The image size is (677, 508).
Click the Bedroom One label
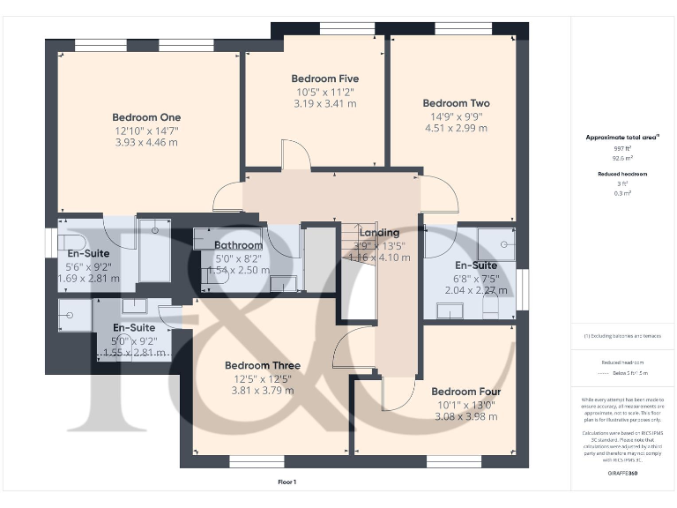coord(146,117)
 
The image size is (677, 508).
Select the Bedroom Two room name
coord(456,103)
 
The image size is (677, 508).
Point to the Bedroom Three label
coord(262,365)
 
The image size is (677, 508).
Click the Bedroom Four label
coord(466,392)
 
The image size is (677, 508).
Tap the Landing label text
coord(378,233)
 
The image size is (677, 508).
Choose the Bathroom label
coord(238,245)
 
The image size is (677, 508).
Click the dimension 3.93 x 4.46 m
coord(146,142)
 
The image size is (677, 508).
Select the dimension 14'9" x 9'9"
coord(456,116)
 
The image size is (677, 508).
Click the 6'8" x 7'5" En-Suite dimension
coord(476,278)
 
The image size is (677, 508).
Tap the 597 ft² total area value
coord(622,149)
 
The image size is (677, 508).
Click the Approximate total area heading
coord(622,137)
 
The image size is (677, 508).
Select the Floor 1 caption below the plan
coord(287,482)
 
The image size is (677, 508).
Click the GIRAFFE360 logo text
coord(622,474)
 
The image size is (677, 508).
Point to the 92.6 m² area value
coord(622,159)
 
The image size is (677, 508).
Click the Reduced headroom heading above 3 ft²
coord(622,174)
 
